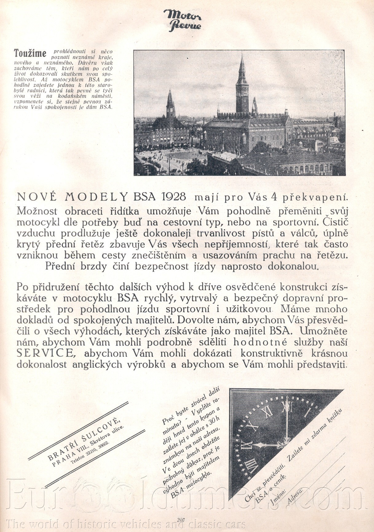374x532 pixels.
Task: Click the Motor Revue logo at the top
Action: click(x=182, y=20)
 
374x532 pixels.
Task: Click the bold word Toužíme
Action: click(x=30, y=53)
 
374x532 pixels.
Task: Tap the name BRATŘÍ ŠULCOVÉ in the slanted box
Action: click(x=83, y=438)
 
